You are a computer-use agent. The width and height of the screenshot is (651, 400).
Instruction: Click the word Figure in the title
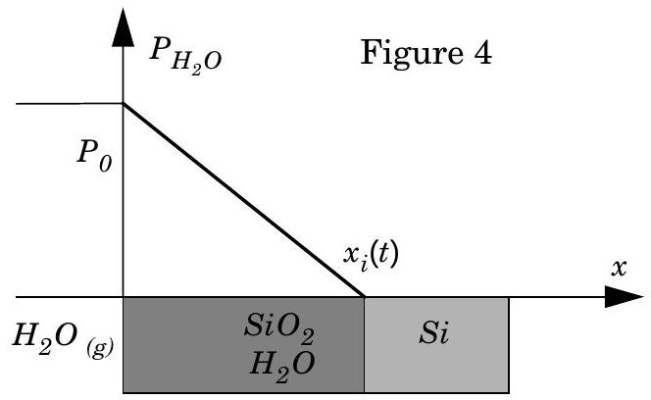412,54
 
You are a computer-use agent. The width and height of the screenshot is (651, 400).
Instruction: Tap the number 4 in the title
481,53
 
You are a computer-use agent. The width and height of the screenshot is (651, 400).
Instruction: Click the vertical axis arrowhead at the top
123,27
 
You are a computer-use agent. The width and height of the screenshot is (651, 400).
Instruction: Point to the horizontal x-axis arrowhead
624,297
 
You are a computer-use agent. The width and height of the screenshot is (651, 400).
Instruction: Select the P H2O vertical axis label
185,55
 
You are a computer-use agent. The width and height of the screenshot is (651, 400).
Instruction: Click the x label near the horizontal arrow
619,268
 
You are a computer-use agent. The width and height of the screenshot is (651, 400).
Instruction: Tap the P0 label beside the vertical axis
94,158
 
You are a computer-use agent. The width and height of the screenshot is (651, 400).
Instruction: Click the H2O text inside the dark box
282,365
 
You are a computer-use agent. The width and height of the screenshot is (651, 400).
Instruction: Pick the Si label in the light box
434,332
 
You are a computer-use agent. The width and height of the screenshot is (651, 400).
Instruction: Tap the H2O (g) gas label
63,337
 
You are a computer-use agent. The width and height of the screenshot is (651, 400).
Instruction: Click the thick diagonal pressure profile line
244,200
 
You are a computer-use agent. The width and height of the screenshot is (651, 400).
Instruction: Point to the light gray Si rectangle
436,345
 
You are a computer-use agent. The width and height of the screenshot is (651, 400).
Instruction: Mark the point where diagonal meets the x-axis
365,297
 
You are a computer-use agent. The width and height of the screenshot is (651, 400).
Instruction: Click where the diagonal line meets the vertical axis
123,103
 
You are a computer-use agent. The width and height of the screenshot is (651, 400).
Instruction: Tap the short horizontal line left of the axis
70,103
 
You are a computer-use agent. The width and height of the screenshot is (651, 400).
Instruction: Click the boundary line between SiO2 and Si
365,345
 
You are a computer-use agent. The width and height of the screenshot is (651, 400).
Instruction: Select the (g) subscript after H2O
100,348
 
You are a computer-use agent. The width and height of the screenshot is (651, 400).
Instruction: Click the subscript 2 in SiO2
307,336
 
